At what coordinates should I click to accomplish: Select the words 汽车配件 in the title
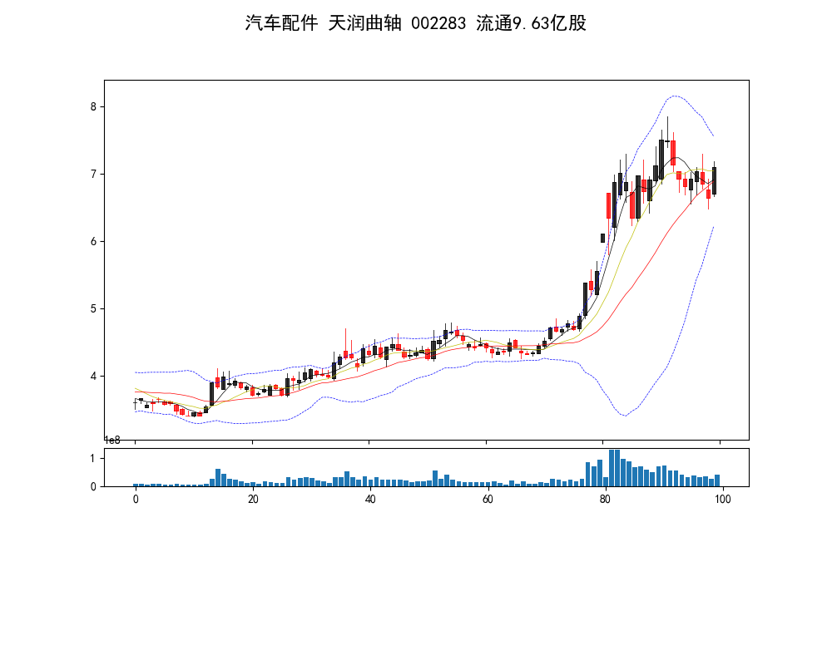pos(281,23)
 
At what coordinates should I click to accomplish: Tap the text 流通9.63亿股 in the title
pos(531,23)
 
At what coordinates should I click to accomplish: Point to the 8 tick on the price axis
pos(95,106)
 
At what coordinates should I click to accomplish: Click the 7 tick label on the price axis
pos(95,174)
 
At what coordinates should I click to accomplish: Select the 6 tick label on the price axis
pos(95,241)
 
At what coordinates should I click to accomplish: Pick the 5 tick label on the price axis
pos(95,308)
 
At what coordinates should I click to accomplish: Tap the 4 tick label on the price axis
pos(95,376)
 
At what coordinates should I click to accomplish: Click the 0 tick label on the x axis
pos(136,500)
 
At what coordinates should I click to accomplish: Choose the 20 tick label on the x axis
pos(253,500)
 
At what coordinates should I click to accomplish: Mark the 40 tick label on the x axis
pos(370,500)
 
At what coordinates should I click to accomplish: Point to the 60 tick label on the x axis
pos(488,500)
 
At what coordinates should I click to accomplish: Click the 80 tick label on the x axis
pos(605,500)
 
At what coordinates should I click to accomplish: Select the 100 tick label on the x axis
pos(722,500)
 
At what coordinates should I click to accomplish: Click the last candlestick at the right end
pos(714,180)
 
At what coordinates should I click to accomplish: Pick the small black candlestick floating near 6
pos(602,238)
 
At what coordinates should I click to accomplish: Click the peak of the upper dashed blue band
pos(675,96)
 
